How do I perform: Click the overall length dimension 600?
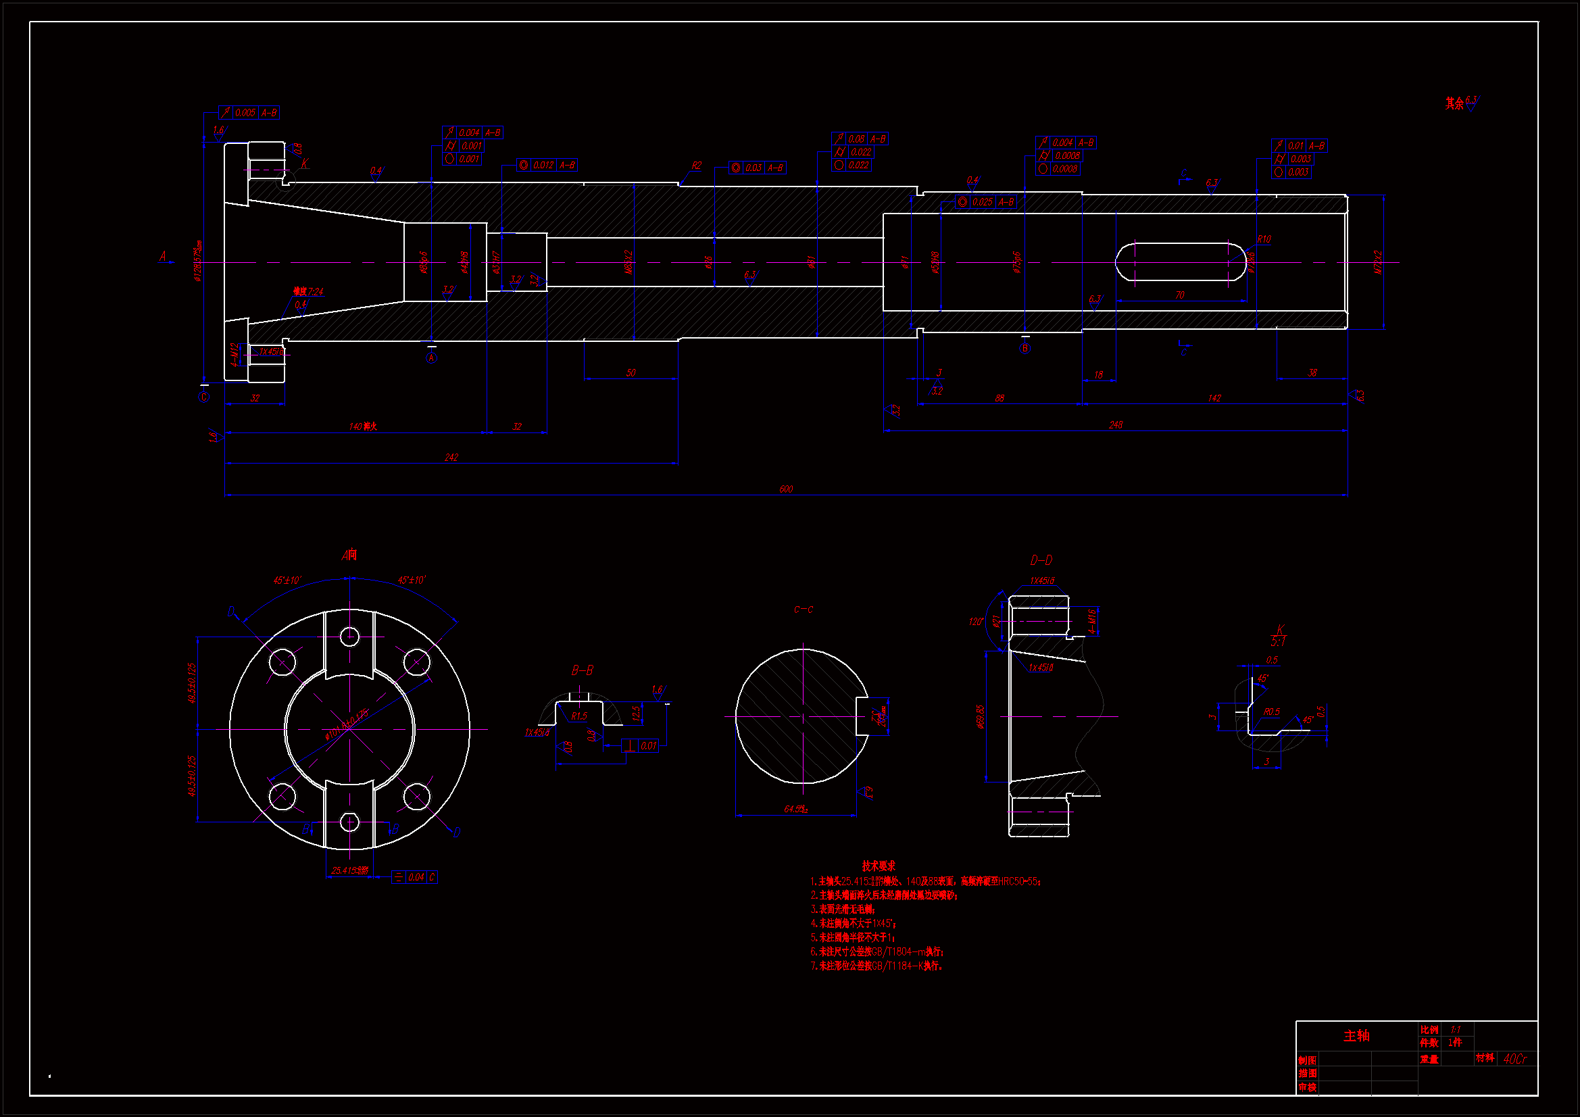(786, 489)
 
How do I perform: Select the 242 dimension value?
(451, 457)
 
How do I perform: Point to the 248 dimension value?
(1116, 425)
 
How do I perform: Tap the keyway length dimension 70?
(1179, 295)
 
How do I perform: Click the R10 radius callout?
(1264, 239)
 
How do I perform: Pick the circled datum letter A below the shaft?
(431, 358)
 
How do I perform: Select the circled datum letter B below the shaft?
(1024, 348)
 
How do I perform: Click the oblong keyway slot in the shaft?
(1180, 262)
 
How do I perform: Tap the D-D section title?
(1041, 560)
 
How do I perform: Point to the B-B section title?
(582, 670)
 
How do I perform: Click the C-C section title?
(803, 610)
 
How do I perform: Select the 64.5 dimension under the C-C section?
(795, 810)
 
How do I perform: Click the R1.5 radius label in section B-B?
(578, 716)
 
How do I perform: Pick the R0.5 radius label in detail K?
(1271, 712)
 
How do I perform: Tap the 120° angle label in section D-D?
(976, 622)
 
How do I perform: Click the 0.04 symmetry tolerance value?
(416, 878)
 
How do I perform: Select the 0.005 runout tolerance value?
(245, 113)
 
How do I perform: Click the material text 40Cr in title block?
(1514, 1058)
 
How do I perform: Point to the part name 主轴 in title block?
(1356, 1036)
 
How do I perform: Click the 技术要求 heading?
(879, 866)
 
